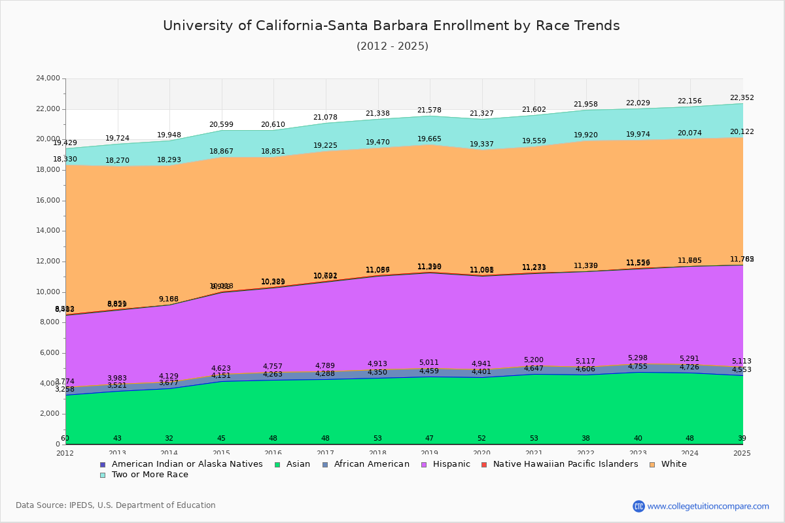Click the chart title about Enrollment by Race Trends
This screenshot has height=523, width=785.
pos(391,25)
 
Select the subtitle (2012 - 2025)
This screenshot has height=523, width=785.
pos(392,46)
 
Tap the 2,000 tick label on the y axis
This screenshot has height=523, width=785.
pos(51,414)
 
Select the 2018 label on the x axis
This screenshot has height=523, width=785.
pos(377,453)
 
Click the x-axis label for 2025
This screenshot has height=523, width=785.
pos(742,453)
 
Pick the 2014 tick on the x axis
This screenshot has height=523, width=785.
pos(169,453)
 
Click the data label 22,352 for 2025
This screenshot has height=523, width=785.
pos(742,98)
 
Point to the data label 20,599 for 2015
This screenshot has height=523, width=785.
pos(221,125)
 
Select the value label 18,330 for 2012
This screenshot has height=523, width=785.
pos(65,160)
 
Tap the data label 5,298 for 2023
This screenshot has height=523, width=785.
pos(638,358)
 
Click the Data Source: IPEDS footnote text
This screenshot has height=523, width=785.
pos(116,505)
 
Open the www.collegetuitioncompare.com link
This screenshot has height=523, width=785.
pos(708,506)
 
